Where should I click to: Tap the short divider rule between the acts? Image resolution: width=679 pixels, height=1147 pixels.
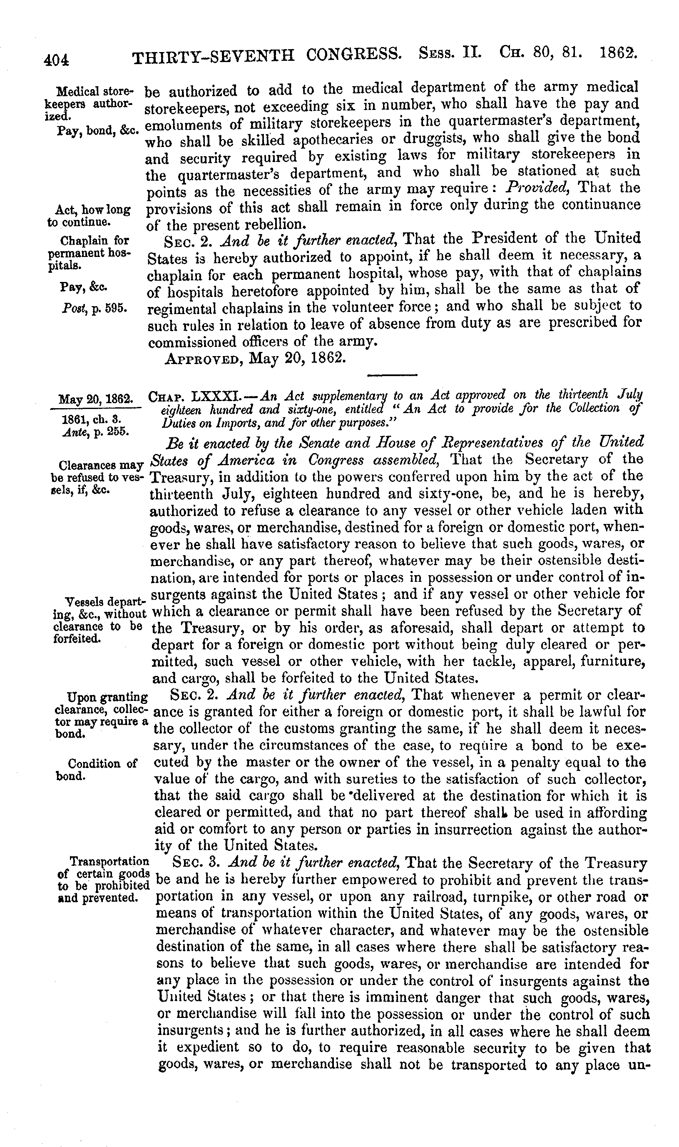(393, 376)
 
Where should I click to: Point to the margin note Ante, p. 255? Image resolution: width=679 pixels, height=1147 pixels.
(96, 431)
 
